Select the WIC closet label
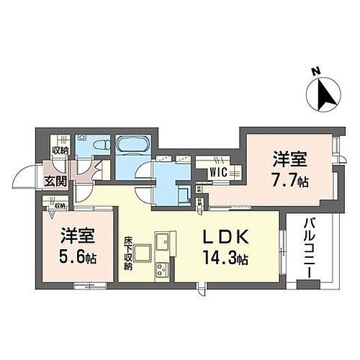coord(219,172)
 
